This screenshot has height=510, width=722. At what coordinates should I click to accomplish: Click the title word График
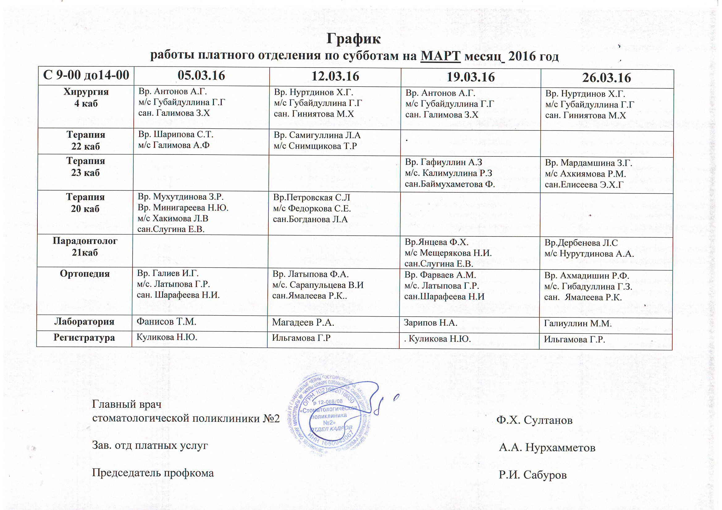[x=354, y=39]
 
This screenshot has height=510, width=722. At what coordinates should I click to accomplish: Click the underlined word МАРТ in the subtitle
[x=440, y=56]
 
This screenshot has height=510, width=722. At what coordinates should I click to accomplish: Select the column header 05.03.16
[x=201, y=76]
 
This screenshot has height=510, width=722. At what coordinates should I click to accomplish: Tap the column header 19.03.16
[x=471, y=77]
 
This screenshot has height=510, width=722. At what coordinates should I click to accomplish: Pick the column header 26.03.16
[x=607, y=78]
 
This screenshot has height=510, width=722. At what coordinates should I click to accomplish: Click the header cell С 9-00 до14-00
[x=86, y=75]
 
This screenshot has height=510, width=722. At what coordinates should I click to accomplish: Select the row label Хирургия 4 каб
[x=86, y=97]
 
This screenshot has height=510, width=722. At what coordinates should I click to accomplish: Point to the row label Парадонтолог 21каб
[x=85, y=247]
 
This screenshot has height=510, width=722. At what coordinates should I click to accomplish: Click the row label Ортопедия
[x=85, y=274]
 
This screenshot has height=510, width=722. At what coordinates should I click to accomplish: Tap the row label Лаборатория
[x=84, y=322]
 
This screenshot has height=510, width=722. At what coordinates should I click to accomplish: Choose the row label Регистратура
[x=84, y=338]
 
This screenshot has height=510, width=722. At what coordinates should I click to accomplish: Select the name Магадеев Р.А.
[x=303, y=322]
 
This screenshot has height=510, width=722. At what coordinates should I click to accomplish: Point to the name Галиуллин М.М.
[x=578, y=324]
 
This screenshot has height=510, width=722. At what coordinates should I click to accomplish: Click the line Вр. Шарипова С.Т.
[x=176, y=135]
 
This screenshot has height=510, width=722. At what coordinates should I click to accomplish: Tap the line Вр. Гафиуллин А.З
[x=443, y=162]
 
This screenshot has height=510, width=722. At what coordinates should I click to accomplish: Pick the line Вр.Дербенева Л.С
[x=581, y=243]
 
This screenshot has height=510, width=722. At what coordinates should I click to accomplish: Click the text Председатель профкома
[x=153, y=473]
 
